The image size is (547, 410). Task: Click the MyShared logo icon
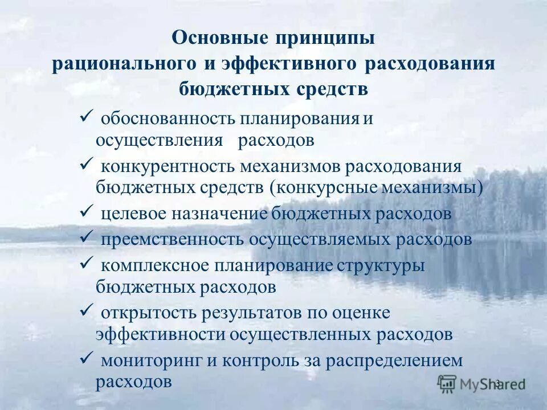pyautogui.click(x=447, y=383)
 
